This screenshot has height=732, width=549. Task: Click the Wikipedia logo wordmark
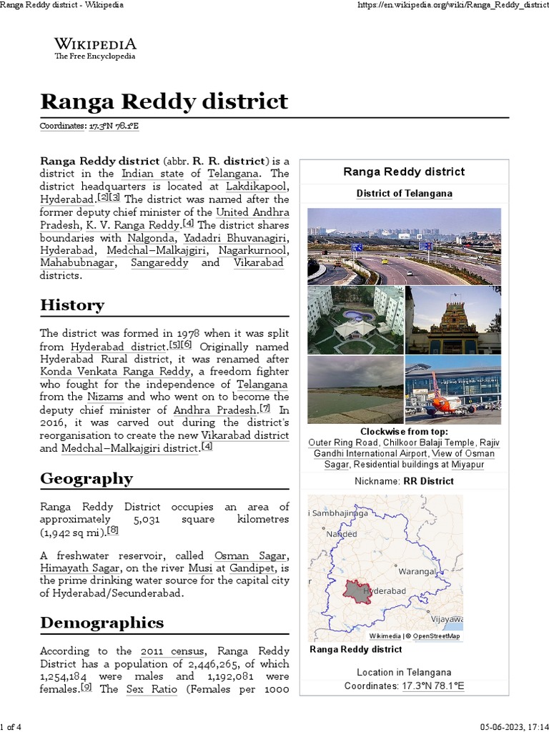point(95,44)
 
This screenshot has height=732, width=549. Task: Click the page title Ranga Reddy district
point(164,101)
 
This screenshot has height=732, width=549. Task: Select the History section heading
point(72,305)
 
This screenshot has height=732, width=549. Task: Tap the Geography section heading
point(86,478)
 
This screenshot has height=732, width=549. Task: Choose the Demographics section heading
point(102,623)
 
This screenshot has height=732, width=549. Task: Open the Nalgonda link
point(151,238)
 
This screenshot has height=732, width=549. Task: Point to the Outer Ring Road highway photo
point(404,247)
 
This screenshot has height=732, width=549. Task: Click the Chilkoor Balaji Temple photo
point(453,320)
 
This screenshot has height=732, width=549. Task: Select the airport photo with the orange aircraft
point(453,390)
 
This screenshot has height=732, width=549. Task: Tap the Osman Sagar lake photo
point(355,390)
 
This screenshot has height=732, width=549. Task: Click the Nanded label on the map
point(341,534)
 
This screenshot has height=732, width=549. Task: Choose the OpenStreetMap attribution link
point(436,635)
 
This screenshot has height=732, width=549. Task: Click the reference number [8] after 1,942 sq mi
point(112,531)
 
